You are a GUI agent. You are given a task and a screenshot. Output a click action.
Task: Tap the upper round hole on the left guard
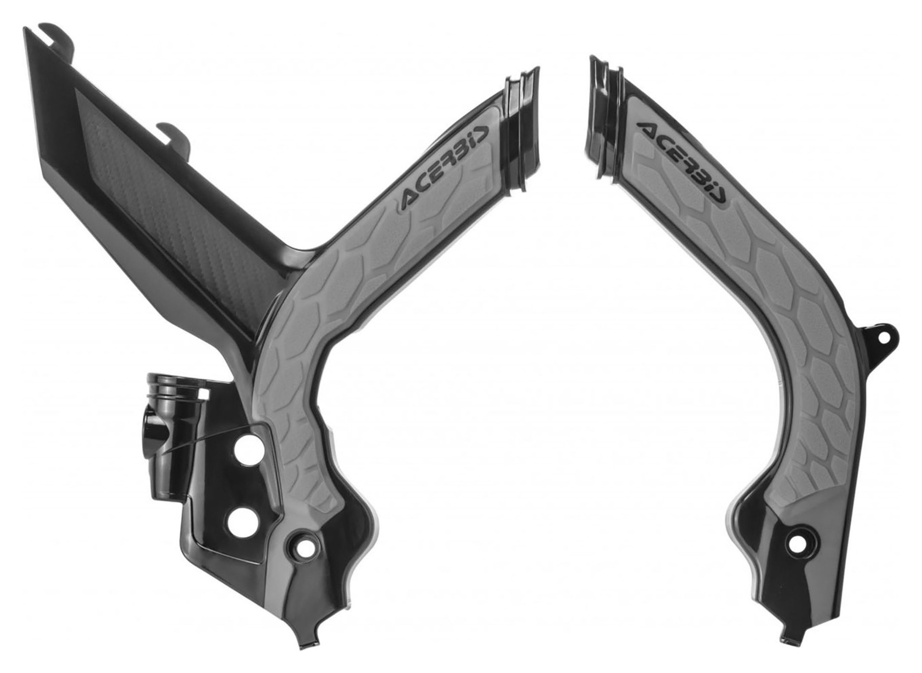coord(245,450)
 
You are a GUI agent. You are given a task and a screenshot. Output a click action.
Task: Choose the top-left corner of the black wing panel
coord(26,31)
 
